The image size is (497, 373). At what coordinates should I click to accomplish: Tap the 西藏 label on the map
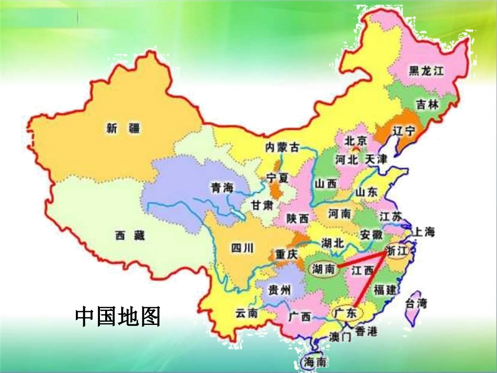130,236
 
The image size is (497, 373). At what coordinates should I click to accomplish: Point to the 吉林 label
428,105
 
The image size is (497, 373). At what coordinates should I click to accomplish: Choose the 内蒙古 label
282,148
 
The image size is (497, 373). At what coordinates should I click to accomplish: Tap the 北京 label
356,141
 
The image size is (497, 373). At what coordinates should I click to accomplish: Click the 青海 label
221,188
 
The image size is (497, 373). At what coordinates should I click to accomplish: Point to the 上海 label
424,232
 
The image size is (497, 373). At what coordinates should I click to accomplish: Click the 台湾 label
416,303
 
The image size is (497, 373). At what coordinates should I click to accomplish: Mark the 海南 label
316,361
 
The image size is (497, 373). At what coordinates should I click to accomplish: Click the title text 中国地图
118,316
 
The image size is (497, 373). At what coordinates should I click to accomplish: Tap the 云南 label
246,313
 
